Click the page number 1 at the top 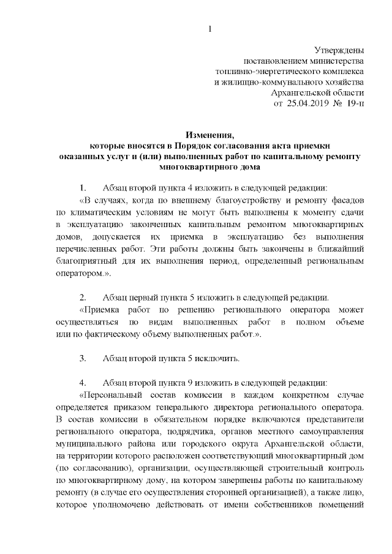210,28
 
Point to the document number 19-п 355,103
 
